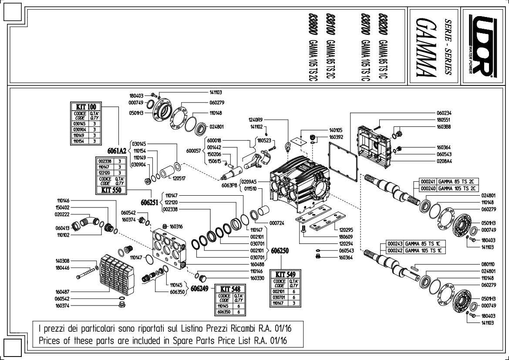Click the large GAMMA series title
click(425, 47)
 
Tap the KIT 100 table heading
click(86, 107)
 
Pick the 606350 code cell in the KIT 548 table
click(224, 312)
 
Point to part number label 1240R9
click(256, 120)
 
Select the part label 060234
click(444, 113)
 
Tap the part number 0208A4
click(444, 161)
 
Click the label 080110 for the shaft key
click(488, 265)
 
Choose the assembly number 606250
click(280, 251)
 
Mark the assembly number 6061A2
click(117, 151)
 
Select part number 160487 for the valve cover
click(63, 292)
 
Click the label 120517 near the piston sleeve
click(179, 178)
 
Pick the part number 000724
click(276, 223)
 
